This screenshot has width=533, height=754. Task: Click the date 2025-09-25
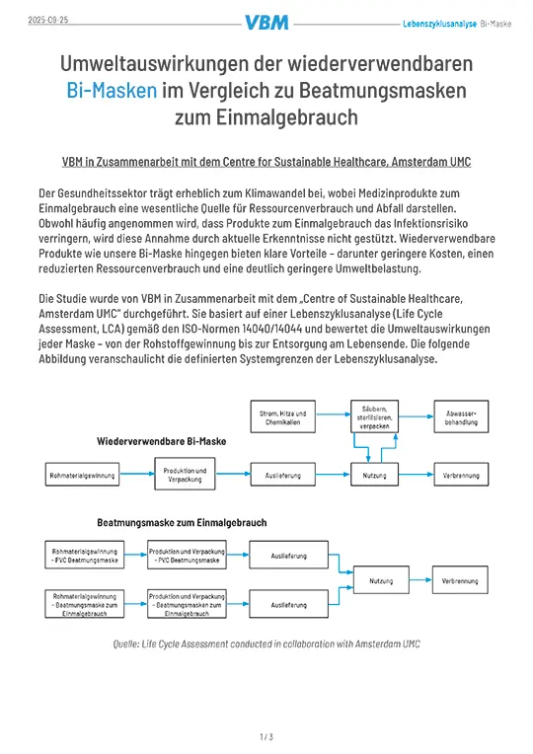click(x=41, y=20)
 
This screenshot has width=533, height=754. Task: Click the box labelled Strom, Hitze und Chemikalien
click(x=282, y=417)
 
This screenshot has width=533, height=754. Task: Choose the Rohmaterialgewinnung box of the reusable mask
click(x=82, y=476)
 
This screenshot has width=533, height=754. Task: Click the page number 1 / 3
click(x=266, y=736)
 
